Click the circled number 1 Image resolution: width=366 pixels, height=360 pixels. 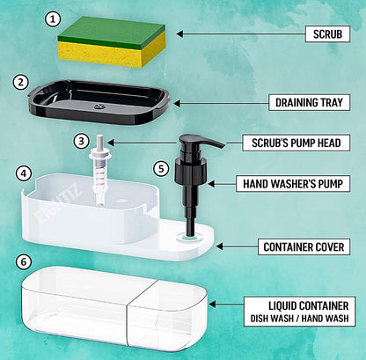tap(53, 19)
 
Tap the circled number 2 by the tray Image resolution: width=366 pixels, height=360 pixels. tap(21, 83)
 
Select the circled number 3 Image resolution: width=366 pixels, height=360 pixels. tap(81, 141)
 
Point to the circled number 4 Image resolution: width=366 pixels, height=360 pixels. tap(24, 173)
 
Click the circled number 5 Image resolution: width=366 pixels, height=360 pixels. tap(161, 169)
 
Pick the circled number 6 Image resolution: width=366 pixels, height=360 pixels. tap(24, 261)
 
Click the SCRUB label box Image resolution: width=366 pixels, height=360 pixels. tap(327, 34)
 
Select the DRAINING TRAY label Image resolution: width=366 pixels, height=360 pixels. tap(309, 102)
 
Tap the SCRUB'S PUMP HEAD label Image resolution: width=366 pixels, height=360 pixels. tap(296, 143)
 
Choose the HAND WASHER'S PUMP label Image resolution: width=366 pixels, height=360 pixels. tap(293, 184)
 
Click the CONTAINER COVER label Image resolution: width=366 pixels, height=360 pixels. tap(304, 246)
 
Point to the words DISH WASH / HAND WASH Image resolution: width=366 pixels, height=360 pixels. tap(299, 319)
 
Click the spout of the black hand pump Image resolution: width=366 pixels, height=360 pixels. tap(211, 143)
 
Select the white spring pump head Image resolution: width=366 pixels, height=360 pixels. tap(100, 169)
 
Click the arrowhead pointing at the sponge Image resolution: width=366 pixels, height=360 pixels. tap(179, 34)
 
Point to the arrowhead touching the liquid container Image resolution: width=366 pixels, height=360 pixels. tap(212, 305)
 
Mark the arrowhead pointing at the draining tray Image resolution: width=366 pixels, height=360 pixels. tap(177, 103)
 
